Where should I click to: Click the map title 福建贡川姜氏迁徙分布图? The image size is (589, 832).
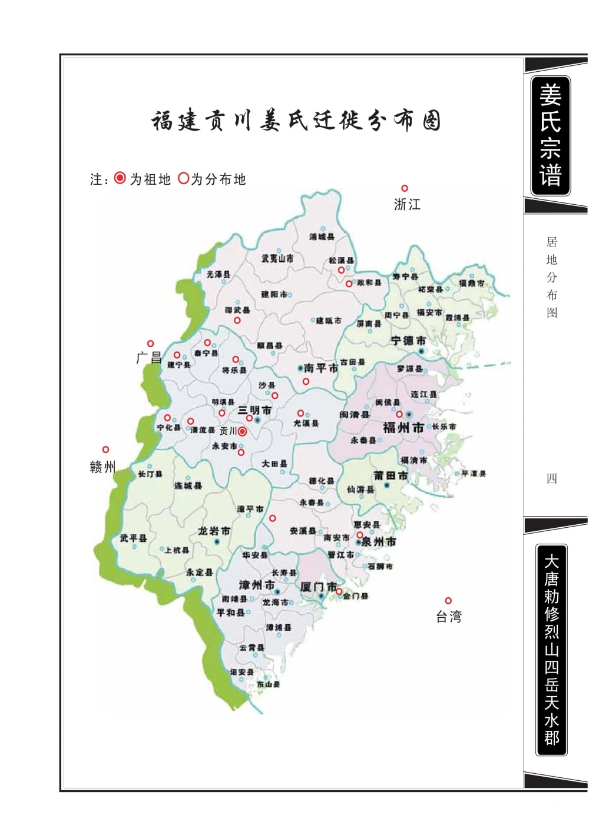click(x=296, y=121)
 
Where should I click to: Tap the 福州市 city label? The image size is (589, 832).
click(x=403, y=428)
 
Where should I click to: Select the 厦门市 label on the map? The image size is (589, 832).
click(x=318, y=587)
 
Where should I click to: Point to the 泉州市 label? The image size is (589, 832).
click(x=378, y=541)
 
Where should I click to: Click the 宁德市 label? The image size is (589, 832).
click(x=408, y=341)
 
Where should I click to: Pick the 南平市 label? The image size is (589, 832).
click(x=320, y=368)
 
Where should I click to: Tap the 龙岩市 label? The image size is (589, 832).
click(x=214, y=531)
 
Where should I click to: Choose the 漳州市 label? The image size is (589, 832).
click(x=257, y=585)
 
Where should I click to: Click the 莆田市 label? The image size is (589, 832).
click(x=390, y=475)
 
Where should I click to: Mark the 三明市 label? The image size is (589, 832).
click(x=254, y=410)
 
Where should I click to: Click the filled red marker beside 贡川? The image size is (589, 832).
click(x=242, y=431)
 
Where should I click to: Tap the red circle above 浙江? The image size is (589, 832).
click(x=405, y=188)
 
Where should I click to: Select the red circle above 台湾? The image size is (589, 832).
click(x=448, y=601)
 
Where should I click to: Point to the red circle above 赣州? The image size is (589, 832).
click(x=106, y=450)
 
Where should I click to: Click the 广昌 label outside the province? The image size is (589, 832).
click(x=148, y=357)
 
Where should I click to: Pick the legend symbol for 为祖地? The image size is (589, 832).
click(x=120, y=178)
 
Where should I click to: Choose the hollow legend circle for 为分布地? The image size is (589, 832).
click(x=183, y=178)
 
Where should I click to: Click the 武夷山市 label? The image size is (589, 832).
click(x=277, y=258)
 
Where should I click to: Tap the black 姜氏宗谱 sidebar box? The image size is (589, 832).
click(x=550, y=135)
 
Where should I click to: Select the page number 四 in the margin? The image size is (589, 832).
click(x=551, y=478)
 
